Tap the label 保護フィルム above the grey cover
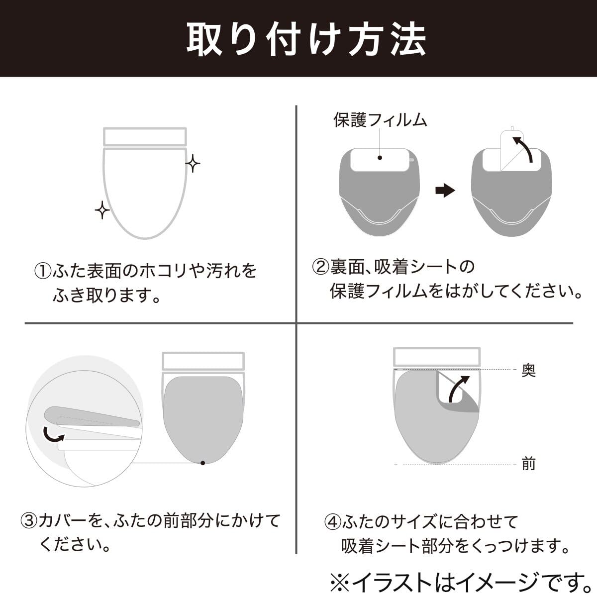[x=380, y=120]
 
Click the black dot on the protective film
[x=380, y=158]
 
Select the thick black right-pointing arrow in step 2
[x=445, y=190]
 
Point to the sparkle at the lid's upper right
[x=193, y=163]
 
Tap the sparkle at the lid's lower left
[x=102, y=210]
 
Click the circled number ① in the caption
[x=43, y=271]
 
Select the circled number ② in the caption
[x=321, y=267]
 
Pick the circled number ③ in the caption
[x=29, y=521]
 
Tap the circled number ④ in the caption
[x=332, y=522]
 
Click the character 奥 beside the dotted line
[x=528, y=370]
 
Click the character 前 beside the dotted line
[x=528, y=473]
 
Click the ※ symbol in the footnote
[x=340, y=583]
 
